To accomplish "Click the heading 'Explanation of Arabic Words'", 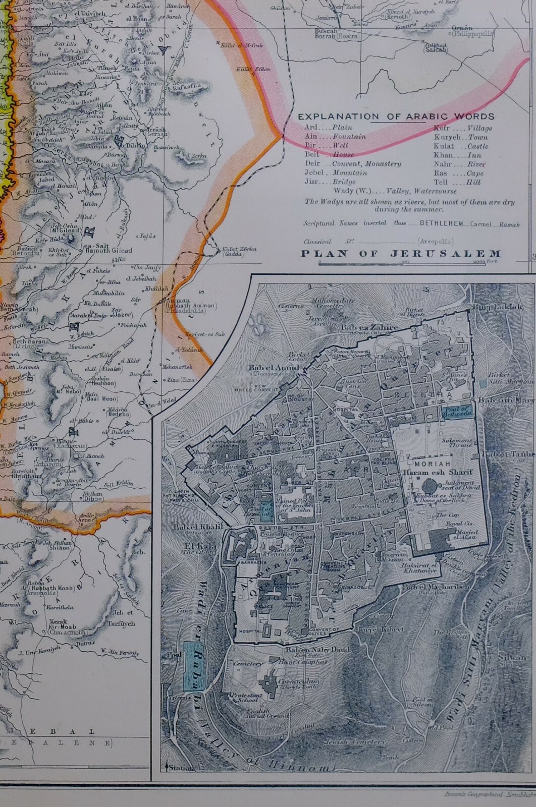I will pos(396,117).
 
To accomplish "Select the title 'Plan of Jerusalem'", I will pos(401,254).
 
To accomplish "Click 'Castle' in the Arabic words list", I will pos(478,146).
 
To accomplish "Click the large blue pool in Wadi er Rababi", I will pos(192,666).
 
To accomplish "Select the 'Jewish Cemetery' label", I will pos(362,742).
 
